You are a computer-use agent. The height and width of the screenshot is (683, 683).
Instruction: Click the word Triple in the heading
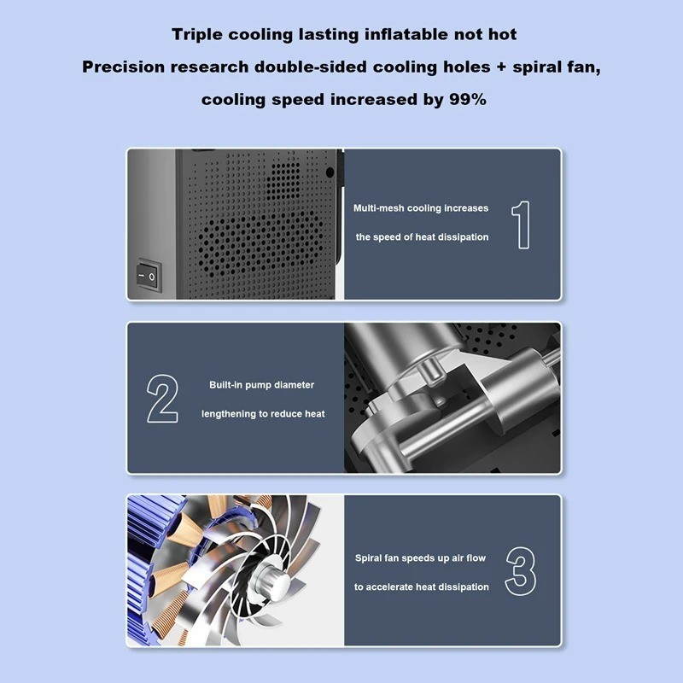coord(197,35)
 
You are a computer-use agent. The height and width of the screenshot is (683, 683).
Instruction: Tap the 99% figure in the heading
coord(467,99)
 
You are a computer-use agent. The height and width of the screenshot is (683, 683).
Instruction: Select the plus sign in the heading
coord(500,67)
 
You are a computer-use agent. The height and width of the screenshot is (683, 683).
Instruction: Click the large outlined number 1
coord(521,225)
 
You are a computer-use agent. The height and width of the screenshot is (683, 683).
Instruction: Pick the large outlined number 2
coord(162,399)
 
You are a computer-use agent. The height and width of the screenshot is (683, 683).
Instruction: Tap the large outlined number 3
coord(521,571)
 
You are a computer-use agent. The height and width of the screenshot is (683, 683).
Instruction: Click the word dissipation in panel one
coord(463,237)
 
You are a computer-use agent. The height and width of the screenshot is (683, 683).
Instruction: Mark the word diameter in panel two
coord(294,385)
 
